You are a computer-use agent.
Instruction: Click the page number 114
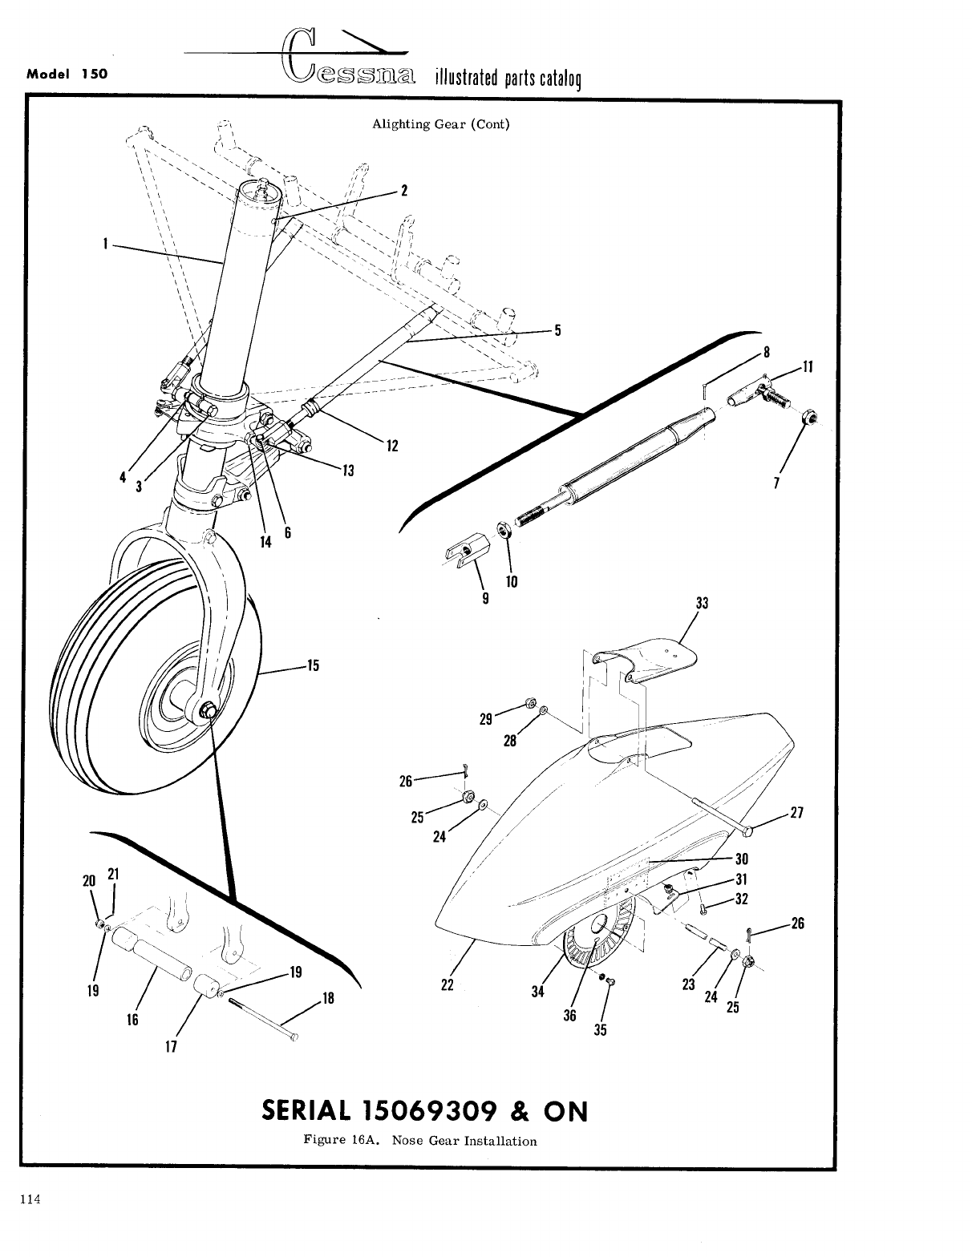click(x=30, y=1199)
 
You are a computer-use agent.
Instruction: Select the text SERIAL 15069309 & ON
click(x=424, y=1111)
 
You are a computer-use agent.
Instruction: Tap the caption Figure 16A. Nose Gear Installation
click(x=420, y=1140)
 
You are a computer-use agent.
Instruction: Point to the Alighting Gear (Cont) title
click(x=441, y=124)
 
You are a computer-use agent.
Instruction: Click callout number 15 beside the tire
click(x=312, y=665)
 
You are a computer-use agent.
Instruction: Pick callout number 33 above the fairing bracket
click(x=702, y=604)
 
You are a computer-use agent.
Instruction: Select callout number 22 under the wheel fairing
click(x=448, y=985)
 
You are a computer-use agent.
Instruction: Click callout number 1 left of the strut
click(x=105, y=244)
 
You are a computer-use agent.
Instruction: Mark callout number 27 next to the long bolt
click(x=796, y=812)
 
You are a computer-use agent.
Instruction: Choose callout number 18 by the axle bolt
click(x=327, y=999)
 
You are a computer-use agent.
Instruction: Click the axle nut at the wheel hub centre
click(x=209, y=709)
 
